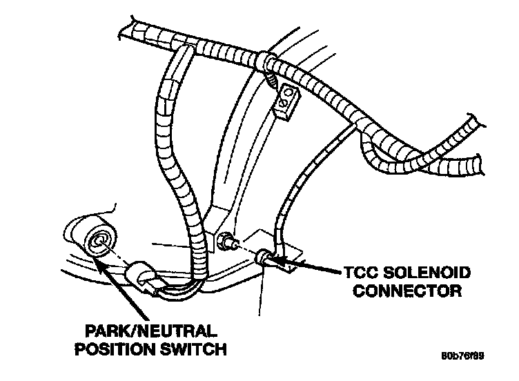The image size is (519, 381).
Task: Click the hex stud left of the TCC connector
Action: tap(224, 241)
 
